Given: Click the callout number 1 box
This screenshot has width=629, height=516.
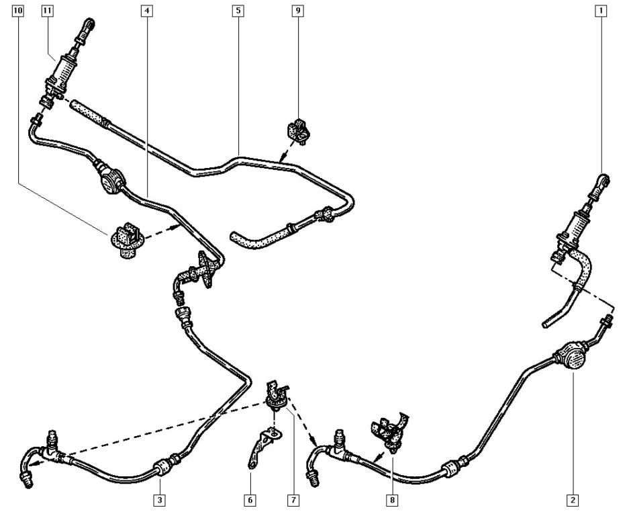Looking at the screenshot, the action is (x=601, y=11).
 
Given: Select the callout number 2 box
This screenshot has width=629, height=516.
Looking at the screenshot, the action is (x=573, y=501).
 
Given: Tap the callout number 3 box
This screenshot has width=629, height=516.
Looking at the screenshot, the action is (x=160, y=501).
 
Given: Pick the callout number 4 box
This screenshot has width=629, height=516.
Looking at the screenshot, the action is (x=147, y=11).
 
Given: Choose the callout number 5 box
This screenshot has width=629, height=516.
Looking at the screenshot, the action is (x=238, y=11).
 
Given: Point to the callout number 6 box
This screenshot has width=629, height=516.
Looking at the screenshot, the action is (x=250, y=501).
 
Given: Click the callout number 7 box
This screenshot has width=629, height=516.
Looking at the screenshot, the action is (x=293, y=501).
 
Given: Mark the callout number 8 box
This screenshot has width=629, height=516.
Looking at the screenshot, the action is (x=392, y=501).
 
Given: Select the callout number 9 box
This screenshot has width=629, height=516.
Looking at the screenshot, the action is (x=297, y=11).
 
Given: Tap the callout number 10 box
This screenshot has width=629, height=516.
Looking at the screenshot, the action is (x=18, y=11).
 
